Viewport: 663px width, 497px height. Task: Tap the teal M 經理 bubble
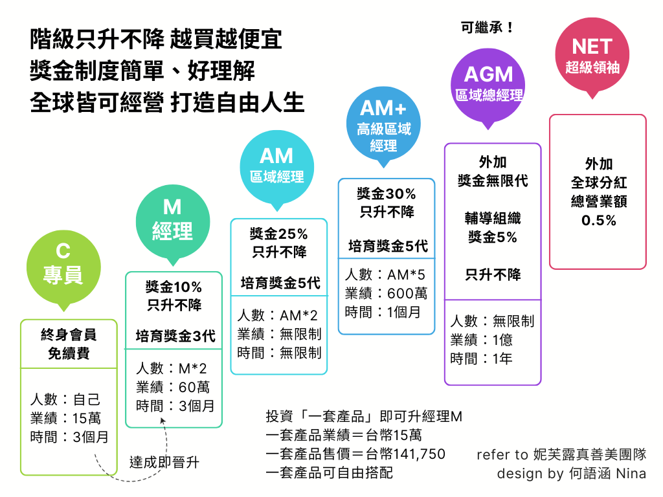172,219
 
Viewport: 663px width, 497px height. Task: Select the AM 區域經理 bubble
276,165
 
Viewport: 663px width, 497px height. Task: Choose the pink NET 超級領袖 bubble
592,56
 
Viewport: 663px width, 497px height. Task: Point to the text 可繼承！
488,28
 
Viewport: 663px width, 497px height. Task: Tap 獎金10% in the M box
174,287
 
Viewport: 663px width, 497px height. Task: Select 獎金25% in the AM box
279,234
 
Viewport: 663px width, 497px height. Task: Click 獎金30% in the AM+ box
387,193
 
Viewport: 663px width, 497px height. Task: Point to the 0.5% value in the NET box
598,221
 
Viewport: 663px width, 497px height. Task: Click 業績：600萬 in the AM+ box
386,293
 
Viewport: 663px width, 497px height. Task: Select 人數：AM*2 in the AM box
277,315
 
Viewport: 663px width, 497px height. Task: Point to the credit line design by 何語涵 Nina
571,474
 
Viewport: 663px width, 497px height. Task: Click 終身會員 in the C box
69,335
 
